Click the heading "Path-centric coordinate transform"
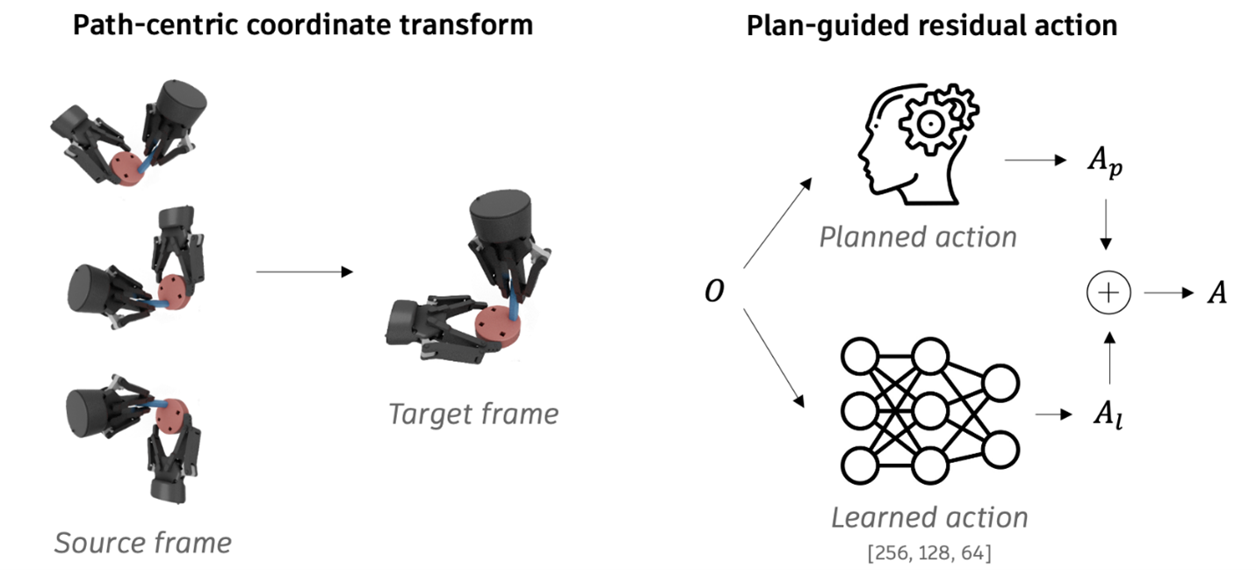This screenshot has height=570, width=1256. (x=302, y=25)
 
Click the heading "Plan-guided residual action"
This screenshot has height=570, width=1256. (x=931, y=25)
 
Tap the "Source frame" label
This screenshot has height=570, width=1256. (x=143, y=542)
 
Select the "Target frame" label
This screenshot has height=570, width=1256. (x=473, y=413)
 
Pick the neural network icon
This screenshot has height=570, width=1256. (x=929, y=406)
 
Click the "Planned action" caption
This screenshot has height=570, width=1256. (x=918, y=236)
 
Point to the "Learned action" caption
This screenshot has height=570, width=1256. (x=929, y=516)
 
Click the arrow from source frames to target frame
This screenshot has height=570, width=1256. (x=304, y=272)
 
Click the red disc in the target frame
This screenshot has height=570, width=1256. (x=498, y=328)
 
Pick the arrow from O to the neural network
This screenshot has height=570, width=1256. (x=775, y=357)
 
